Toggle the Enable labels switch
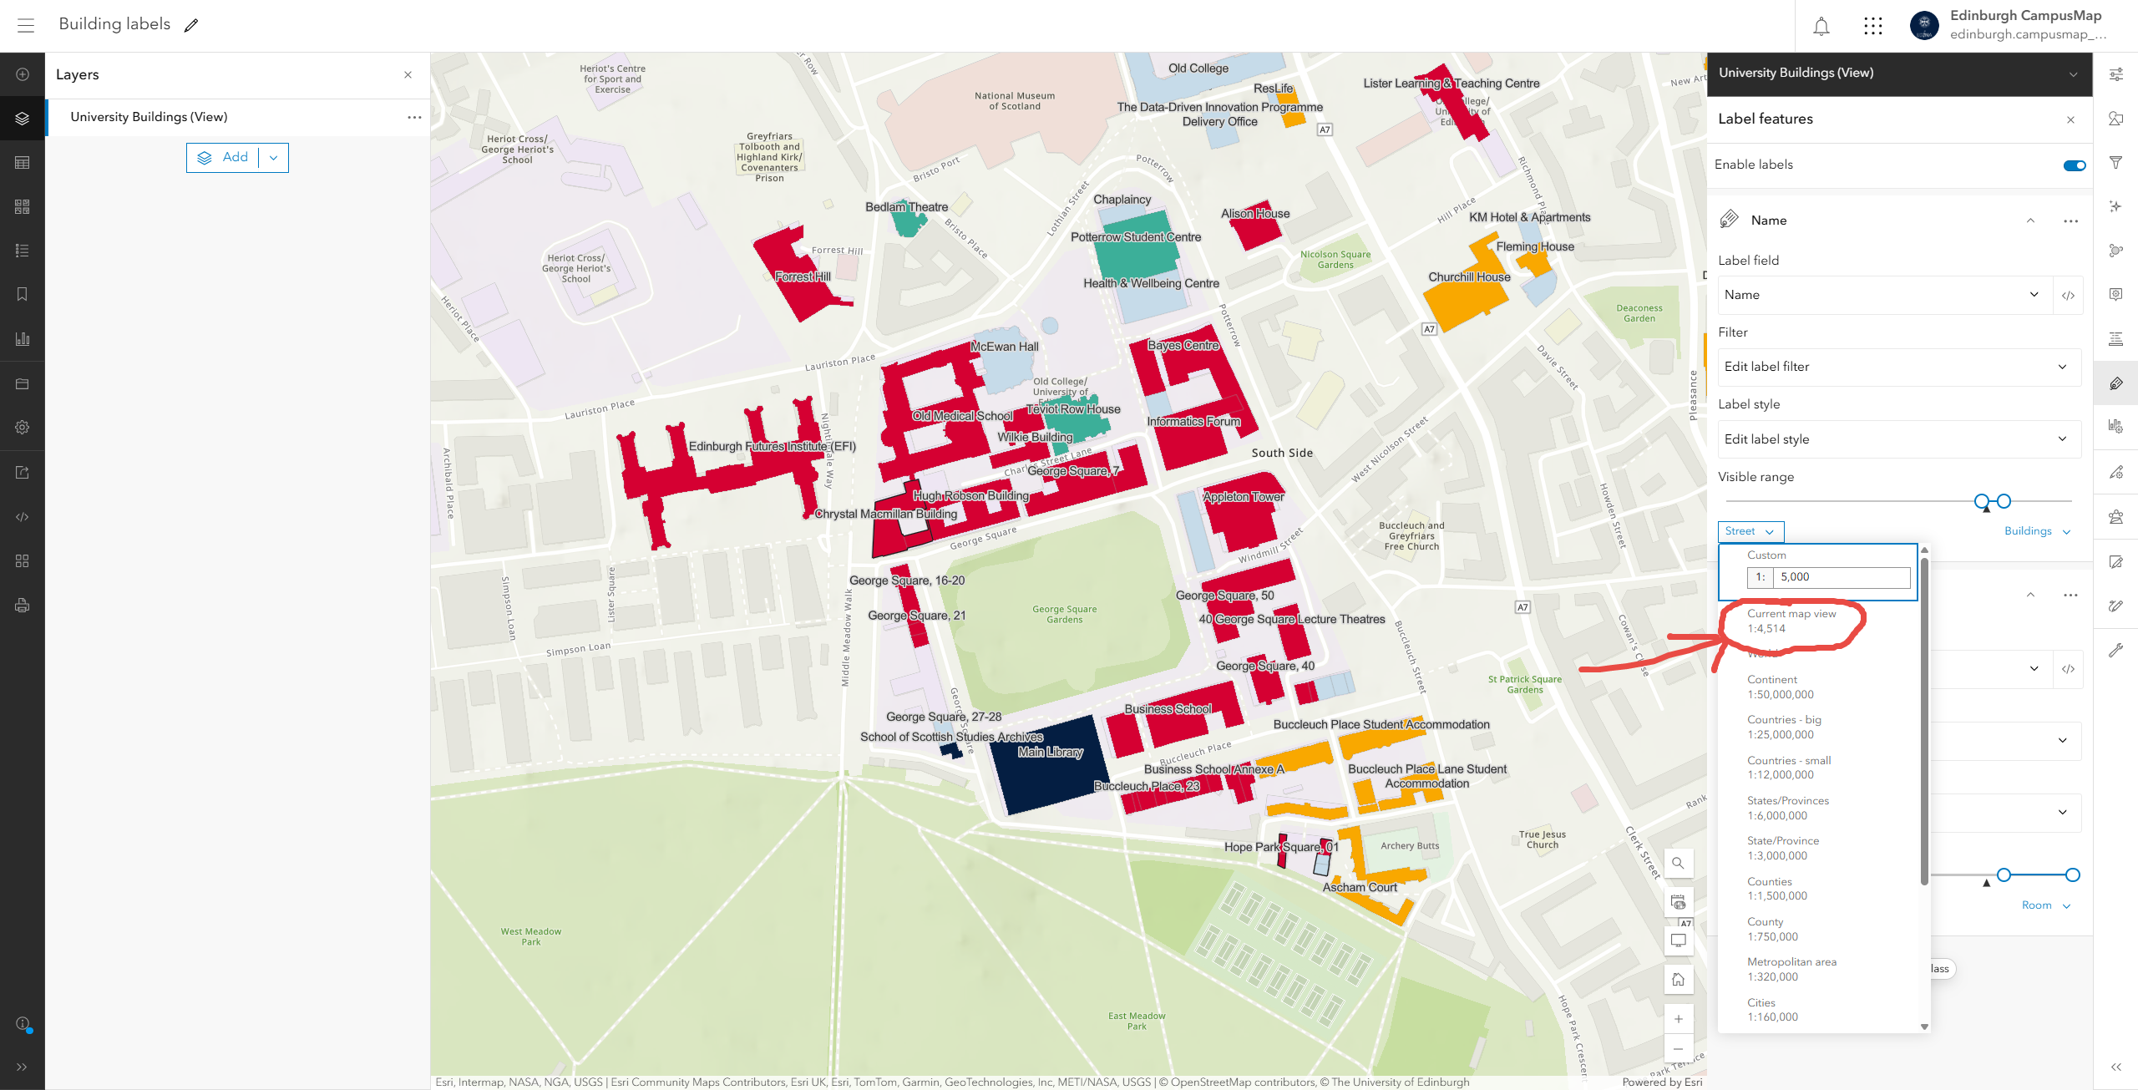(x=2074, y=165)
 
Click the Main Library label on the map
(x=1050, y=752)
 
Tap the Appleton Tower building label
(x=1244, y=497)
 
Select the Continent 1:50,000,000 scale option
(x=1780, y=687)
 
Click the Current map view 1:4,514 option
(x=1791, y=621)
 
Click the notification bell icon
(x=1821, y=26)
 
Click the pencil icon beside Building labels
(x=191, y=25)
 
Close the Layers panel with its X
(x=408, y=74)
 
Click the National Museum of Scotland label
(x=1014, y=101)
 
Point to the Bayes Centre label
(x=1183, y=345)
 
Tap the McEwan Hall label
(x=1004, y=347)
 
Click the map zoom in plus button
(x=1678, y=1019)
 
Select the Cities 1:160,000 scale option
(x=1772, y=1009)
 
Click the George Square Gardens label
(x=1064, y=614)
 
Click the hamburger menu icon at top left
(x=26, y=25)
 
